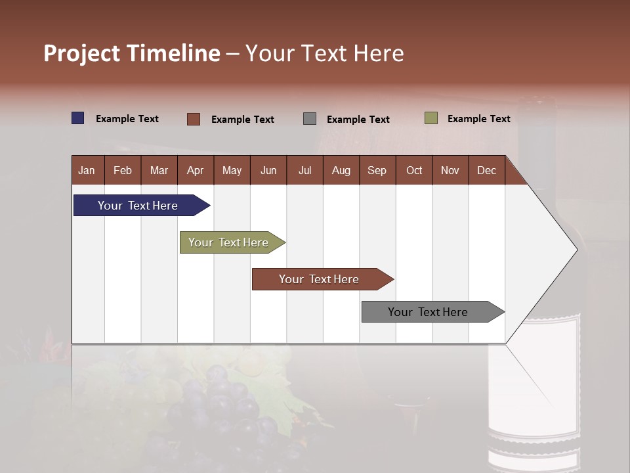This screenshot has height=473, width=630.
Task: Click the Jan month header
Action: pyautogui.click(x=87, y=170)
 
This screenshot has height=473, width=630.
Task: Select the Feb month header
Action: pyautogui.click(x=123, y=170)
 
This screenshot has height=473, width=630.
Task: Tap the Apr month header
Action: pyautogui.click(x=195, y=170)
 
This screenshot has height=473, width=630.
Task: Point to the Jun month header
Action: pyautogui.click(x=268, y=170)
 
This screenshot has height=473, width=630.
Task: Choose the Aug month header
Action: pyautogui.click(x=341, y=170)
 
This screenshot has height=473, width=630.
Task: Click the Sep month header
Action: pyautogui.click(x=377, y=170)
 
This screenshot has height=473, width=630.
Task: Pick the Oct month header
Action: pyautogui.click(x=414, y=170)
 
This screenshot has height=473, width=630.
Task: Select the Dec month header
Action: pyautogui.click(x=486, y=170)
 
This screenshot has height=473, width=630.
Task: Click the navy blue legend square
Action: pyautogui.click(x=78, y=118)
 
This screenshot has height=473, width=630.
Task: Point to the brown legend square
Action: pyautogui.click(x=194, y=119)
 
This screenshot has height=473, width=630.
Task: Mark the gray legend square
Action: pyautogui.click(x=310, y=119)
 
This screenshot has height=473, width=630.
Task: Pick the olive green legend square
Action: pyautogui.click(x=431, y=118)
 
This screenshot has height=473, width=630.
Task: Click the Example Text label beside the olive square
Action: pyautogui.click(x=478, y=119)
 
